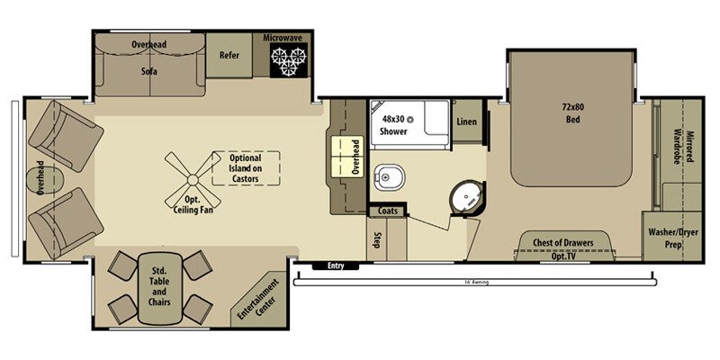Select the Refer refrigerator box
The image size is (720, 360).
(x=229, y=56)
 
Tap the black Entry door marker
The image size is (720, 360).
(x=335, y=265)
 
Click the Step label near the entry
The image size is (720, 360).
(x=377, y=240)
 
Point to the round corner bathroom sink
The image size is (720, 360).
(x=469, y=197)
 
